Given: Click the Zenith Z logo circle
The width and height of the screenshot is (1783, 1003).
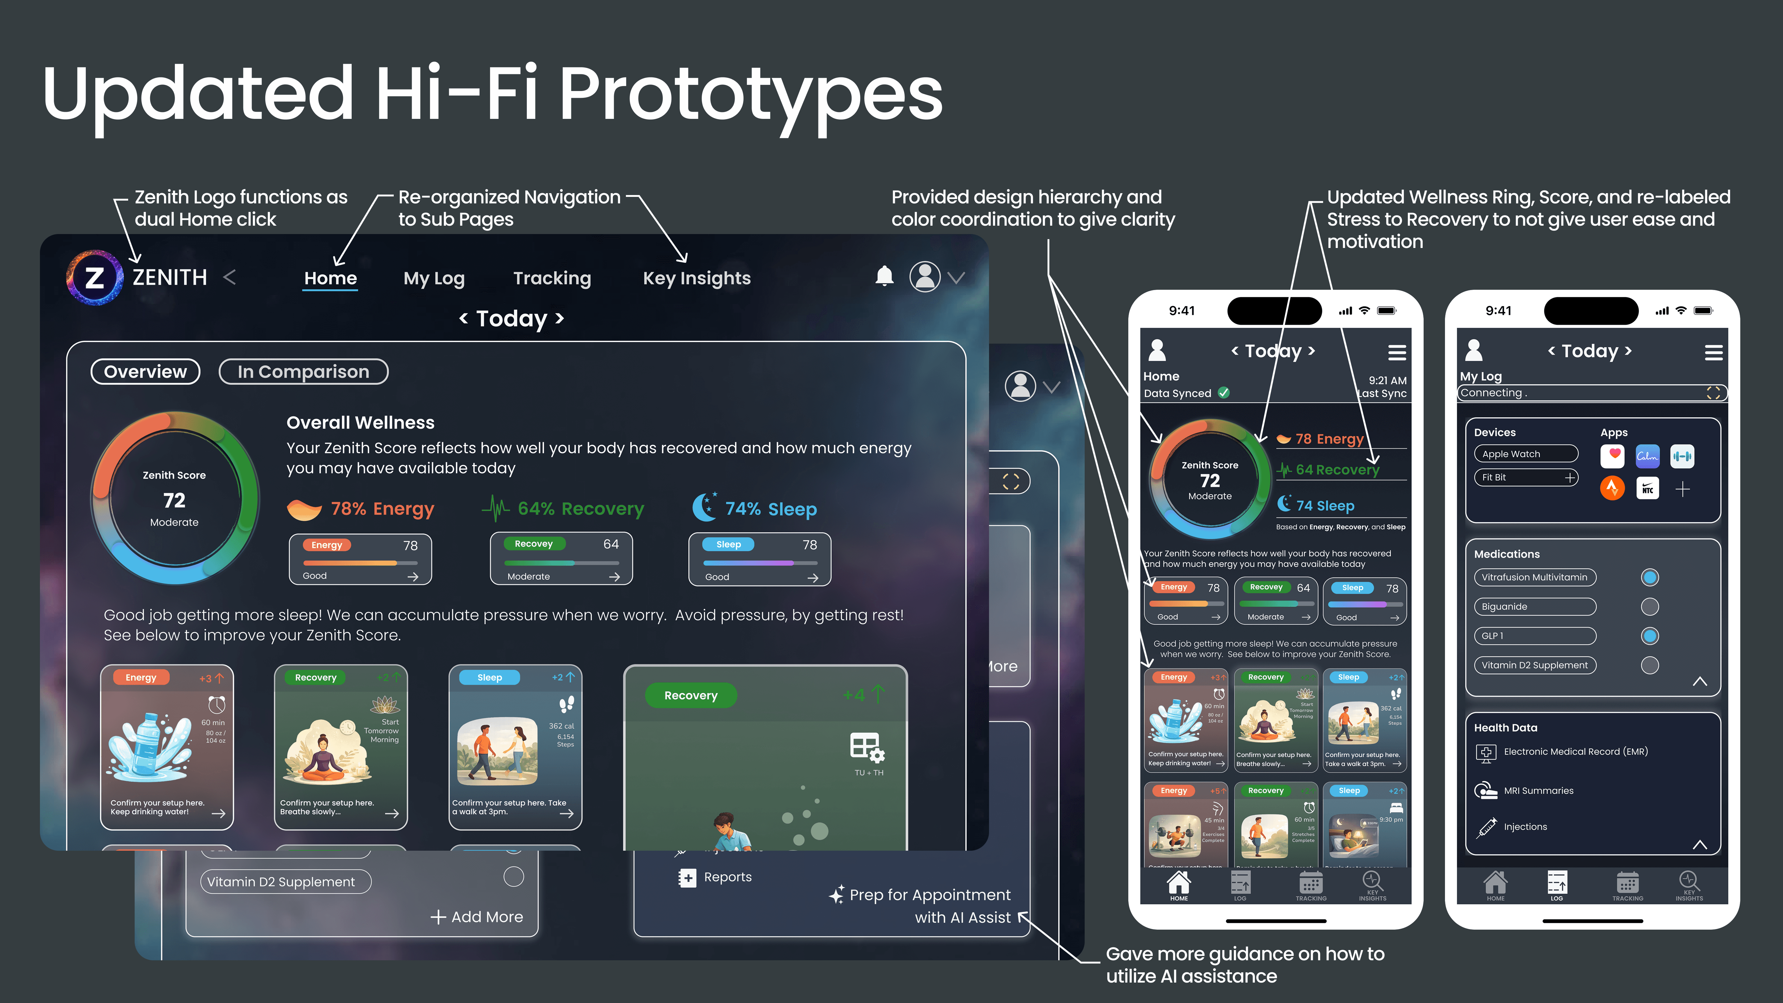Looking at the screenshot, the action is (x=95, y=278).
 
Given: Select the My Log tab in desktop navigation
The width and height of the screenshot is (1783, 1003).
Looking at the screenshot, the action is (x=434, y=278).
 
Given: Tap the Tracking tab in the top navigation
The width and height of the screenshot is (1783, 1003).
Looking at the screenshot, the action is (x=552, y=278).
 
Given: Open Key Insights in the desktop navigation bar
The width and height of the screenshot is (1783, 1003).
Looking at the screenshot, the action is (x=696, y=278).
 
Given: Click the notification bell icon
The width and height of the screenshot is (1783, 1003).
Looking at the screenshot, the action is (x=884, y=276).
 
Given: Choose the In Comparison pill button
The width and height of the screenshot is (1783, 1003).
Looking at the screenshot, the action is (x=303, y=372).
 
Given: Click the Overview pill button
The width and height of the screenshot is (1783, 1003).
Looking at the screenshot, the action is (x=145, y=372).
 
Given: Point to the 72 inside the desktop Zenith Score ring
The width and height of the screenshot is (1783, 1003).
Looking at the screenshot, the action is (x=174, y=500).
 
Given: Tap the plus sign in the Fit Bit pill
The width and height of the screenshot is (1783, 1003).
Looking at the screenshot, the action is (x=1570, y=478).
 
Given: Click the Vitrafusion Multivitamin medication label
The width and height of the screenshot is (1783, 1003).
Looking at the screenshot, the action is (x=1534, y=577).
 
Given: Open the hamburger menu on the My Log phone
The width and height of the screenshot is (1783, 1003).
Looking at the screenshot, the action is (x=1713, y=352).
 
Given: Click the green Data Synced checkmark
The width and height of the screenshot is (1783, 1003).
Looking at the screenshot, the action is (x=1224, y=393).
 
